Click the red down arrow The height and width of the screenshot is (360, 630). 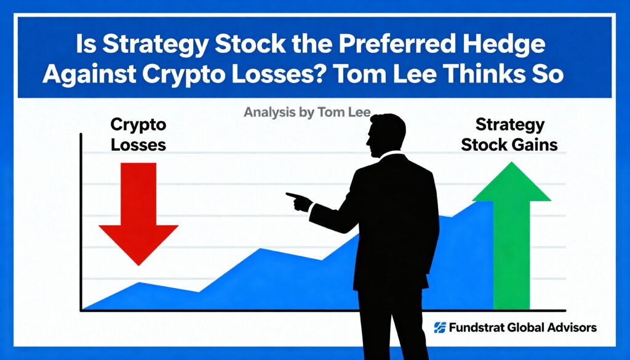click(x=138, y=213)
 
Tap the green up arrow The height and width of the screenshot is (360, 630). click(x=511, y=235)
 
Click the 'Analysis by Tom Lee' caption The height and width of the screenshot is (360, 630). click(x=308, y=112)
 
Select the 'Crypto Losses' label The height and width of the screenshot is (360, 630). click(x=138, y=135)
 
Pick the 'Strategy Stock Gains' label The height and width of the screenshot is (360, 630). click(x=509, y=135)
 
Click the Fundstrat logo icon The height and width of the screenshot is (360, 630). click(x=439, y=327)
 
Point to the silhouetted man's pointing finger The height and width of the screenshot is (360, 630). click(x=290, y=196)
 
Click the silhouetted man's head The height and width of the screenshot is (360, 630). click(x=387, y=135)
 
